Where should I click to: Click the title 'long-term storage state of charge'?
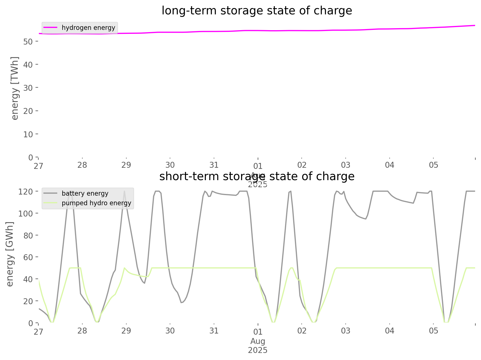tap(257, 11)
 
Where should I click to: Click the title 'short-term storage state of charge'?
tap(257, 176)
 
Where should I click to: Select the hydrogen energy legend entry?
tap(88, 28)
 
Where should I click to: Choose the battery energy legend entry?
tap(85, 193)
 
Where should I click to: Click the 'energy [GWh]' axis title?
tap(10, 254)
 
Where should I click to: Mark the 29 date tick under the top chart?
tap(126, 165)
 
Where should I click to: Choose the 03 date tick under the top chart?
tap(346, 165)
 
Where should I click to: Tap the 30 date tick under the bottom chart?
tap(170, 331)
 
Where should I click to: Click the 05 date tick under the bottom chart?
tap(434, 331)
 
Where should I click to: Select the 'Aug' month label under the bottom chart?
tap(258, 341)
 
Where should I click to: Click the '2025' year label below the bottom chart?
tap(258, 350)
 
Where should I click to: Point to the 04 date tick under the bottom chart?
tap(390, 331)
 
